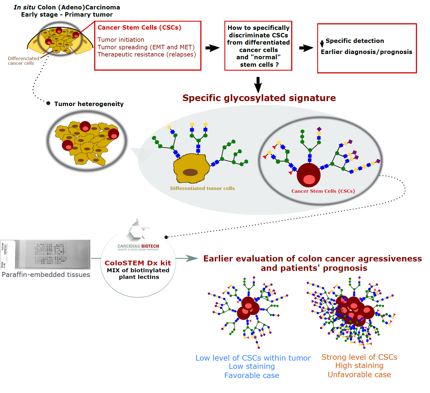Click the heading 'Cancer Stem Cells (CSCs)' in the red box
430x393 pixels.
click(139, 28)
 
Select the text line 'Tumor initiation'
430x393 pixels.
click(121, 40)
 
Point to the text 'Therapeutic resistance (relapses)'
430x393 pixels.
click(147, 55)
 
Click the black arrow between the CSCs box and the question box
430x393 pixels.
click(212, 48)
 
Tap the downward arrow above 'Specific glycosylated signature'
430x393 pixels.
click(258, 85)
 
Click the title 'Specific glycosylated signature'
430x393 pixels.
click(259, 98)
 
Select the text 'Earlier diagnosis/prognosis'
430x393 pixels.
click(366, 52)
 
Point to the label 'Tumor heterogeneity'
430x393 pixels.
click(89, 104)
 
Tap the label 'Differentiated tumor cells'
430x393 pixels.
click(202, 188)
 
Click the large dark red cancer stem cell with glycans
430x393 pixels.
click(308, 175)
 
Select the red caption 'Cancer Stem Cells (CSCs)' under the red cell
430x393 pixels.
click(323, 191)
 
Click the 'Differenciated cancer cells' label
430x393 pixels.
click(23, 61)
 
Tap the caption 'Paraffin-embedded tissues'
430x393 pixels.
click(46, 275)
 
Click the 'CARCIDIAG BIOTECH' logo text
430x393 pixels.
click(138, 246)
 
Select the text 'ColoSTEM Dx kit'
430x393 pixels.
click(138, 263)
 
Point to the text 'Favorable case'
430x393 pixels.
click(252, 376)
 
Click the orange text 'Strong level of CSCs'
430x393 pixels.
click(359, 357)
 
